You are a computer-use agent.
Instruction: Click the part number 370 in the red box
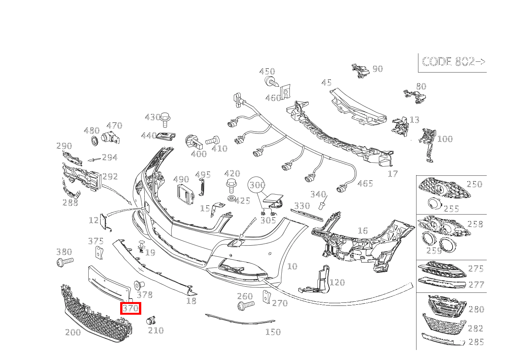[x=131, y=308]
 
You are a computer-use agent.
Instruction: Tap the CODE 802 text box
[x=453, y=62]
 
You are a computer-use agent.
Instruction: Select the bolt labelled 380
[x=64, y=263]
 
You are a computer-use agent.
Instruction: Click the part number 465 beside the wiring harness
[x=365, y=183]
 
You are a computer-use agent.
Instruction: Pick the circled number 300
[x=257, y=185]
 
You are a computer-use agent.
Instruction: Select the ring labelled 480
[x=94, y=141]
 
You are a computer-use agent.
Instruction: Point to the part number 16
[x=362, y=231]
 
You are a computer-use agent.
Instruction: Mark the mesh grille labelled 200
[x=96, y=315]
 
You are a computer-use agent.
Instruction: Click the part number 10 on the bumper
[x=292, y=266]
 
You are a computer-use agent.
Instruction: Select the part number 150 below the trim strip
[x=273, y=332]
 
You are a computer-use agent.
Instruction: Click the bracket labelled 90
[x=360, y=71]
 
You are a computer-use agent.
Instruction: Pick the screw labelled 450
[x=272, y=81]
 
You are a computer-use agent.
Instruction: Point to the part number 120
[x=337, y=283]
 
